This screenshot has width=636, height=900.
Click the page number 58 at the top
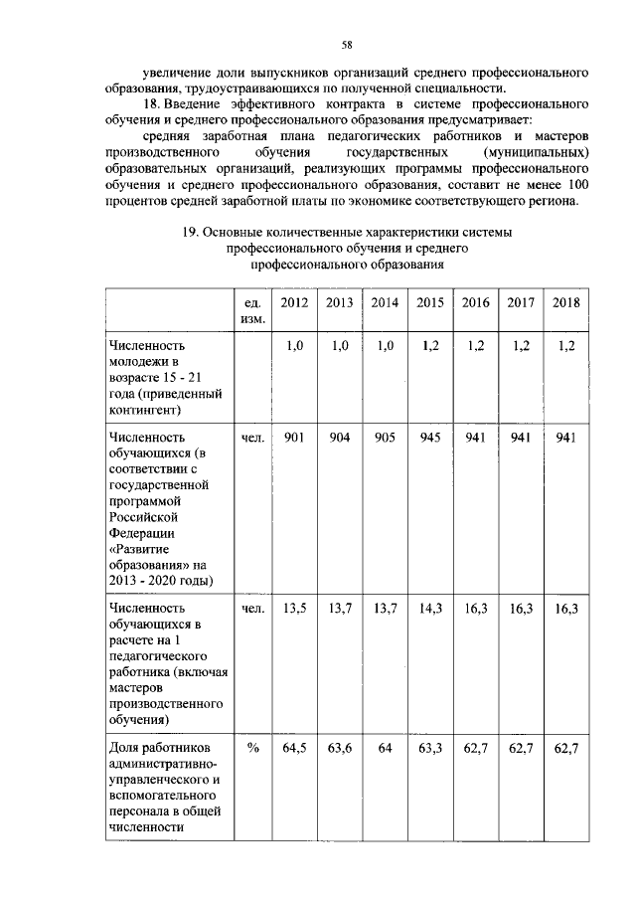348,44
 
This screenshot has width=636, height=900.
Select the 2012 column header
294,302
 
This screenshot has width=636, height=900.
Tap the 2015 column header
430,302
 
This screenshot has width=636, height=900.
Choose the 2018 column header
566,302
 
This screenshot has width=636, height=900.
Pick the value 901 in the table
294,438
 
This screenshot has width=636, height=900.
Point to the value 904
340,438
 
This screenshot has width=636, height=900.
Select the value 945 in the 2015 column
430,438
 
